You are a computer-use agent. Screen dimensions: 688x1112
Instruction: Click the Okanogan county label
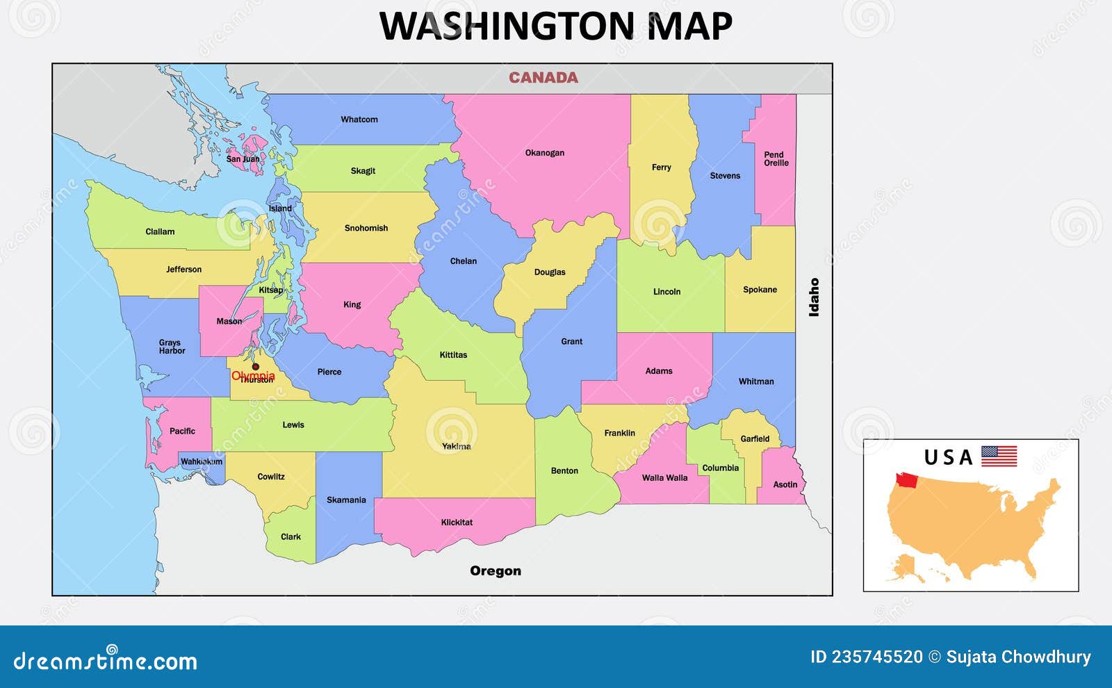point(544,153)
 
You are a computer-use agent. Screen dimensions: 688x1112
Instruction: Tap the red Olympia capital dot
point(255,366)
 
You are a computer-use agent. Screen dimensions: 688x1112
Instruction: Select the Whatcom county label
point(359,120)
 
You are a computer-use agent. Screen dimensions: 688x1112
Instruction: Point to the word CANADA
point(543,78)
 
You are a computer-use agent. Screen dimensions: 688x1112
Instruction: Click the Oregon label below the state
point(495,571)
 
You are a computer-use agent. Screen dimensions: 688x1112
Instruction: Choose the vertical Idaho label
point(814,297)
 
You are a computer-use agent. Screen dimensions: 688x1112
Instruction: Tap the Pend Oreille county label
point(776,159)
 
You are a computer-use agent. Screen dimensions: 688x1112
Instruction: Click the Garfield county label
point(755,439)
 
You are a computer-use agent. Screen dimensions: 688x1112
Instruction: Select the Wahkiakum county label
point(202,461)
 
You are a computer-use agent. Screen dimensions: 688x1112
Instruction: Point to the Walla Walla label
point(664,477)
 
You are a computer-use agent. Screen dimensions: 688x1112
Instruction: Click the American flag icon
point(999,456)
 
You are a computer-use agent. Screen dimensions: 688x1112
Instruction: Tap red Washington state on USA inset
point(906,480)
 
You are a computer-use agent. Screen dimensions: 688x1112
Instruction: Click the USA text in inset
point(947,457)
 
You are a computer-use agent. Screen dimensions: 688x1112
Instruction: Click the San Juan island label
point(243,159)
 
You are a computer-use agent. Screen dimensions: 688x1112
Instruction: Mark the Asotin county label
point(785,484)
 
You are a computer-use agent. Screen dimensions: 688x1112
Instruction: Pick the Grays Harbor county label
point(172,347)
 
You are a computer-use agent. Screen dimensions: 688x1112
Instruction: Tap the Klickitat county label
point(457,522)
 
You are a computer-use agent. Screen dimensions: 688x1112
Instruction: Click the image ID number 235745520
point(877,657)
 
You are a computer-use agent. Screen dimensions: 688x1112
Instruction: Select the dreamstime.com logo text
point(105,661)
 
